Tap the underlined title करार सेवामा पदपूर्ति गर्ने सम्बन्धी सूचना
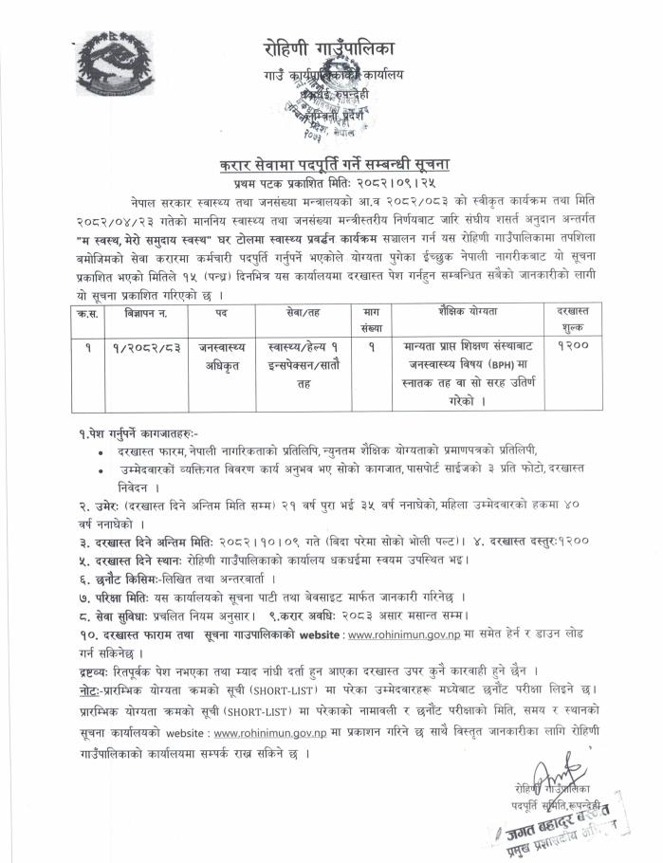(x=333, y=163)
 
